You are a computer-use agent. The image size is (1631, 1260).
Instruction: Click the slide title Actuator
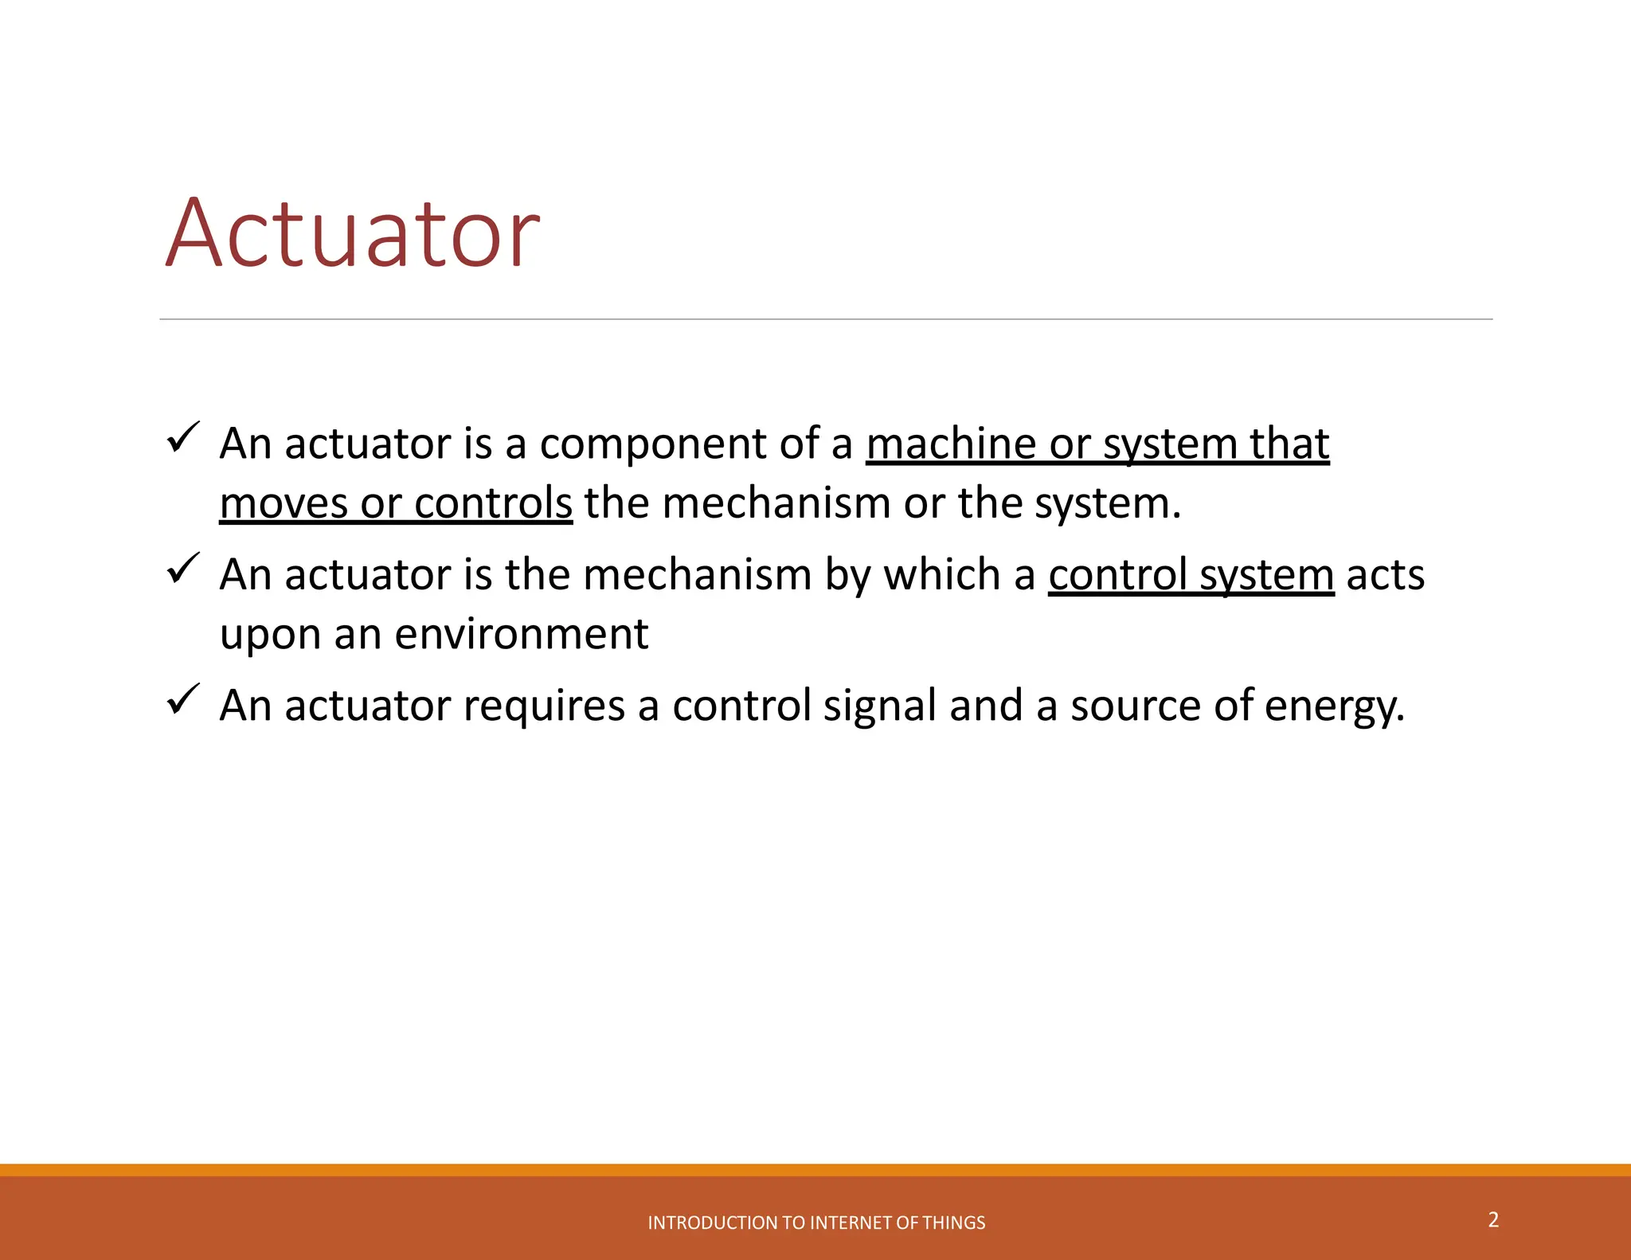(353, 233)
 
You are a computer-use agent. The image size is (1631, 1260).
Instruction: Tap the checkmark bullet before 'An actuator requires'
(182, 700)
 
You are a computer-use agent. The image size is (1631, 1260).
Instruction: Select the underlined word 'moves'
(284, 504)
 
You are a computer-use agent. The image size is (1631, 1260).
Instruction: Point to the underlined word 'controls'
(493, 503)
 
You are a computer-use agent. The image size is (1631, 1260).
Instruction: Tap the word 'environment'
(521, 634)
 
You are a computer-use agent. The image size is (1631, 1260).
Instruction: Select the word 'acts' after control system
(1385, 575)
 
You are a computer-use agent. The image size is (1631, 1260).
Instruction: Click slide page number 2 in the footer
(1493, 1219)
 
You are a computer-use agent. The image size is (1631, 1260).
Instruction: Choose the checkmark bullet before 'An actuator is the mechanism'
(182, 569)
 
